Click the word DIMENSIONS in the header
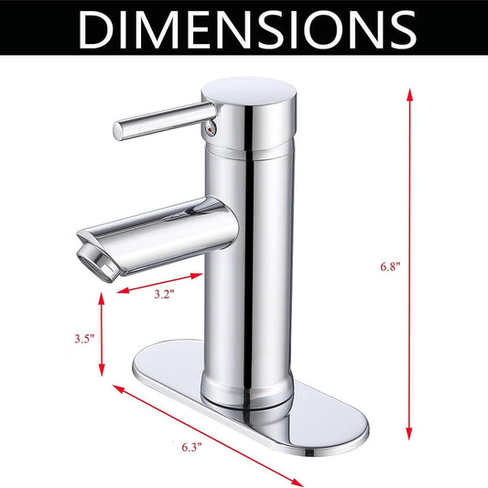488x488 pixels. [x=248, y=29]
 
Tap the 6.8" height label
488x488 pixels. [x=390, y=266]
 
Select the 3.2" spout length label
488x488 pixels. [x=164, y=294]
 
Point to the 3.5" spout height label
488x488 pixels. [x=84, y=338]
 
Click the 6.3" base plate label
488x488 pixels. [x=191, y=447]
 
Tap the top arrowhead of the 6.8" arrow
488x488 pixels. [x=409, y=94]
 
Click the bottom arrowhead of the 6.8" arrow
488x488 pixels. [x=409, y=434]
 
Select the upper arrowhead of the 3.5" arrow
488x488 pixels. [x=101, y=298]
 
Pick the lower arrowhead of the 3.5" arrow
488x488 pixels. [x=101, y=370]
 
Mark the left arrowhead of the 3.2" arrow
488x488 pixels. [x=123, y=290]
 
